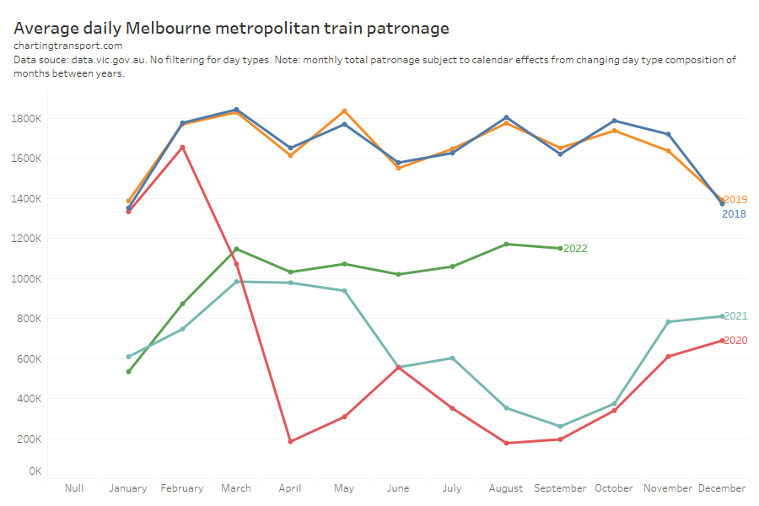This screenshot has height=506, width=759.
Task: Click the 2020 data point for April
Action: (290, 441)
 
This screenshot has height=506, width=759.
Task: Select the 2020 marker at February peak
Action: (182, 148)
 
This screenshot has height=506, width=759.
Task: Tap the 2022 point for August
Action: (506, 244)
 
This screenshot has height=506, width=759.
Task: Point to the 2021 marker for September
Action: (560, 426)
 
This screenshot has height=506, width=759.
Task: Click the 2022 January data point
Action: (128, 371)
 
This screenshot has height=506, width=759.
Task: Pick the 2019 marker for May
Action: (344, 111)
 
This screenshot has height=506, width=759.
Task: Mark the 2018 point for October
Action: (614, 121)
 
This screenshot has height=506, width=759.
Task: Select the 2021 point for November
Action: (668, 321)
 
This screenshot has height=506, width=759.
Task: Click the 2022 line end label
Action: (575, 249)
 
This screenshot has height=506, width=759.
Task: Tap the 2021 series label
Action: (735, 316)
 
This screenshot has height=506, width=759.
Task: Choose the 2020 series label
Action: (735, 341)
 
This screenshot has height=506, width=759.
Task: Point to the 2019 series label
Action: (735, 200)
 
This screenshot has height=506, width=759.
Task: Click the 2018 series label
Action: (734, 214)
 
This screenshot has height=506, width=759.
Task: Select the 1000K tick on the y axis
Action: (28, 279)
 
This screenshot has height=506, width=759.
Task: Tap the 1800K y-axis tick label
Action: (28, 118)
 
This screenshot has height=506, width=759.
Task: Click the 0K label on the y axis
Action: (34, 471)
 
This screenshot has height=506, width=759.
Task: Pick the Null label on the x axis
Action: (74, 488)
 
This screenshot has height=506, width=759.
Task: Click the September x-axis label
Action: (560, 488)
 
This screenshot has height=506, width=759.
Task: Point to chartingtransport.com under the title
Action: (68, 46)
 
